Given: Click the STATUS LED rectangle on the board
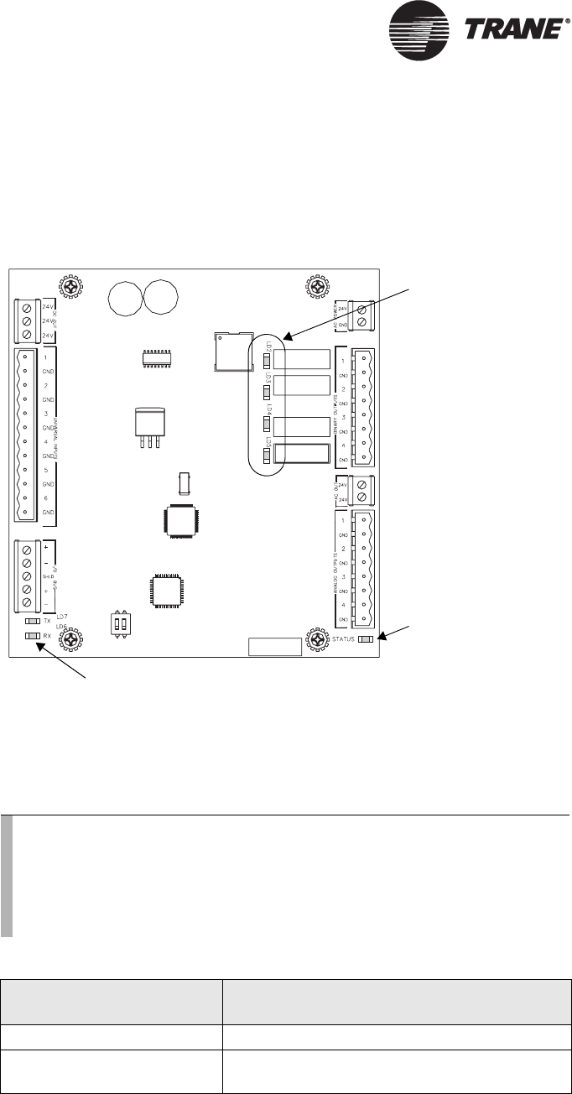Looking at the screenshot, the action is (x=366, y=640).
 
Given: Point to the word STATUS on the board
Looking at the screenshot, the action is (x=344, y=640).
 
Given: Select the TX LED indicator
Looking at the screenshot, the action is (x=33, y=622).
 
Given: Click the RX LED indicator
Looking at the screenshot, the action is (x=33, y=636).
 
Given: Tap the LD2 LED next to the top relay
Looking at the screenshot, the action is (x=266, y=362).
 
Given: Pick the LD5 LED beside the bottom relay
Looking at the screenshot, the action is (x=266, y=456).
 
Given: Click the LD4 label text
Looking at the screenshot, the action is (x=268, y=410).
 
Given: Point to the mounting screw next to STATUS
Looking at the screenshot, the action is (x=317, y=641).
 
